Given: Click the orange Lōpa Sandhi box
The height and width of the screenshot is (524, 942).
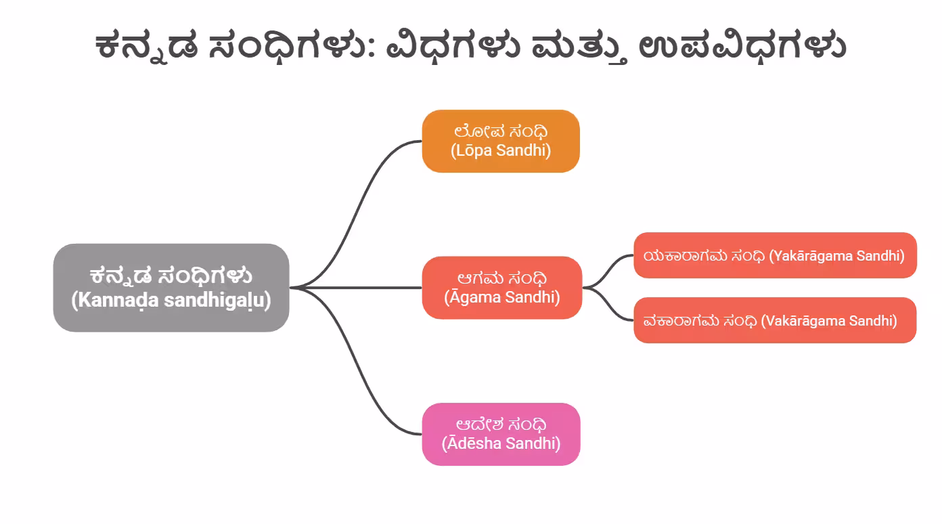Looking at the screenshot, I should (501, 141).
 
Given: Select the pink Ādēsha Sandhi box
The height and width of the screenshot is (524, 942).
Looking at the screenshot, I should (501, 434).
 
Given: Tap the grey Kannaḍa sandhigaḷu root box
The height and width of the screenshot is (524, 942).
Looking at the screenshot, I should (171, 288).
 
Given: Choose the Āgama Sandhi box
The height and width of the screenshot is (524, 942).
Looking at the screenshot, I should (502, 288).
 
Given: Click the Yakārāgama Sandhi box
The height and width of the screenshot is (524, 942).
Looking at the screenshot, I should (775, 255).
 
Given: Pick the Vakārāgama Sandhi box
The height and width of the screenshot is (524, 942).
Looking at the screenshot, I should (775, 320).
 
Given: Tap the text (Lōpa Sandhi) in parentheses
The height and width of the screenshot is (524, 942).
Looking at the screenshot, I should (501, 150).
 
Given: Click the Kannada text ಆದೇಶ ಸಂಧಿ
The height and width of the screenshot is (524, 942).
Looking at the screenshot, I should (501, 424).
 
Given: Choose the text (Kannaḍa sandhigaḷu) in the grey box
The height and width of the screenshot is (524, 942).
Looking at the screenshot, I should (171, 300).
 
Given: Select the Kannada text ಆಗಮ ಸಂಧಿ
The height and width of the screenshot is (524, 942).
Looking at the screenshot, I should (502, 278).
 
